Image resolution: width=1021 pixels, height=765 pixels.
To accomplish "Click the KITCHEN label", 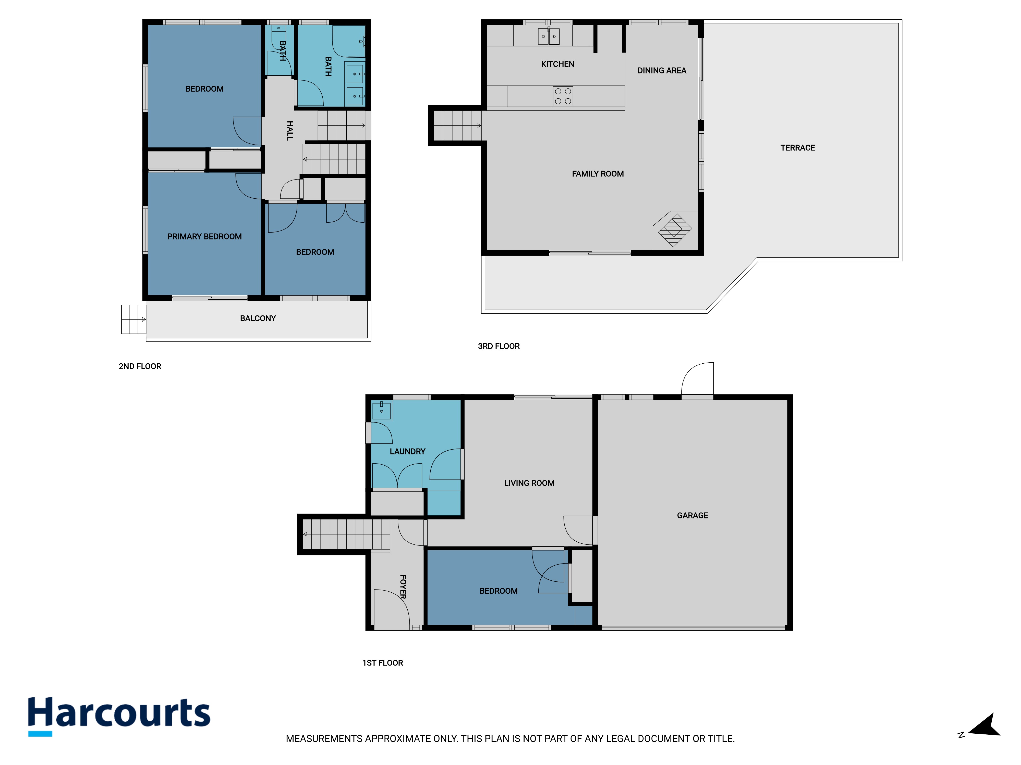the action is (x=557, y=64).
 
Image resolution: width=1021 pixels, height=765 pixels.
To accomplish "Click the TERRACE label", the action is (x=798, y=148).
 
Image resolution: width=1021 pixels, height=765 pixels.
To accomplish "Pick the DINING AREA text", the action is (x=662, y=71).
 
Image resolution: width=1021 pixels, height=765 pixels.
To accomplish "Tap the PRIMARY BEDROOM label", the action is (x=204, y=237).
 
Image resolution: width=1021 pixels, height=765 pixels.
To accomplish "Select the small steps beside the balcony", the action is (x=134, y=319).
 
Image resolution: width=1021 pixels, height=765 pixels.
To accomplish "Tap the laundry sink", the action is (x=382, y=410).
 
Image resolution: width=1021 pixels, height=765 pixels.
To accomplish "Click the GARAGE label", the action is (x=692, y=516).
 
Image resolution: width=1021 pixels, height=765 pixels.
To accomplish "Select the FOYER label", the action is (x=403, y=586).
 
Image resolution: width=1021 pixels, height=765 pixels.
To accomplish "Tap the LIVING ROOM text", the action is (x=529, y=483).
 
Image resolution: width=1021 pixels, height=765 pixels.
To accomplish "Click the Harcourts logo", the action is (x=119, y=716).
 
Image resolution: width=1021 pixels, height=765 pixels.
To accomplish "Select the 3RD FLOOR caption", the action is (x=499, y=346).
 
